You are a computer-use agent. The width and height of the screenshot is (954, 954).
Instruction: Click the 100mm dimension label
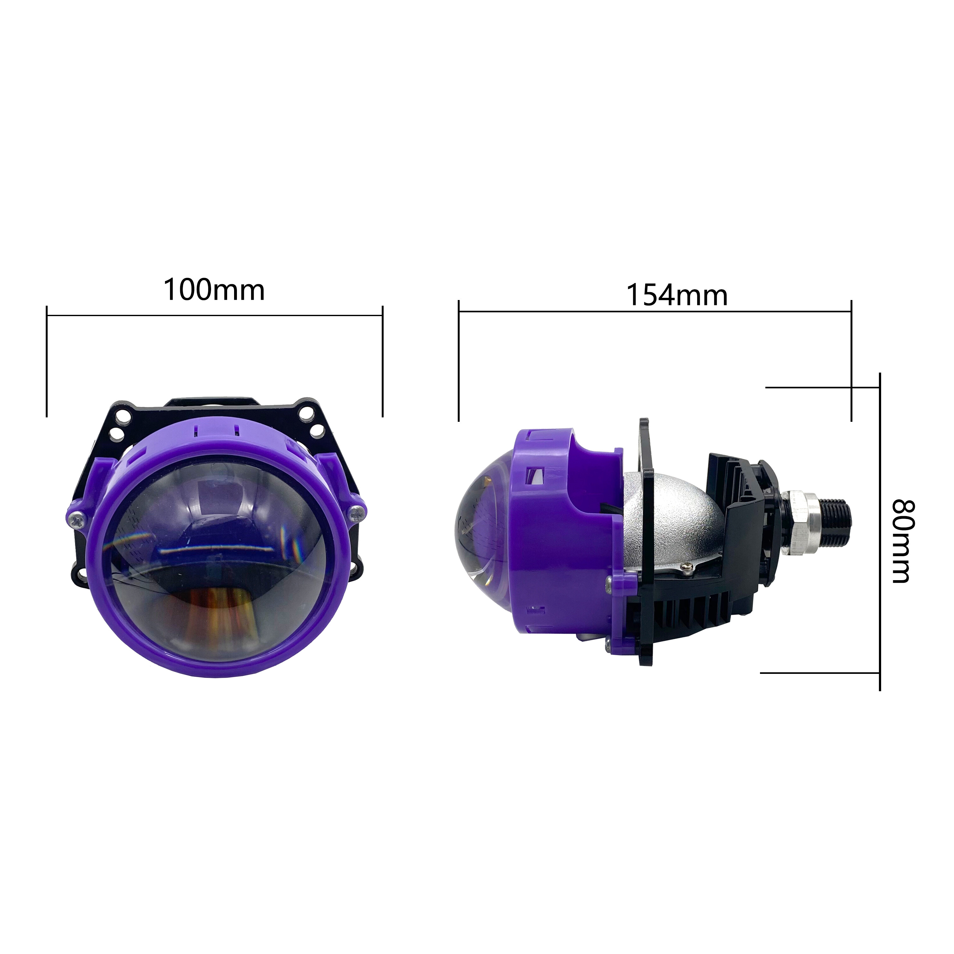tap(214, 290)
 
